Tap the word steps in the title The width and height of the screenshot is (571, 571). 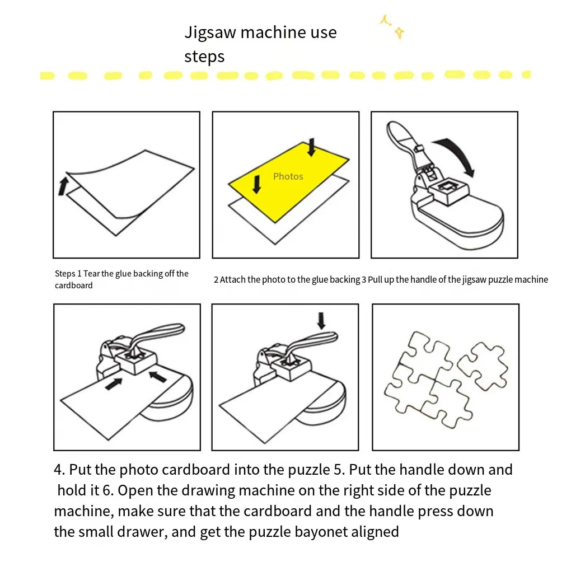204,57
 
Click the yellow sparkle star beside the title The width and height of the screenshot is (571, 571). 399,33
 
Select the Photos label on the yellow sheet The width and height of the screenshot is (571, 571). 288,176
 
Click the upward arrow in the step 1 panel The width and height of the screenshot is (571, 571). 63,186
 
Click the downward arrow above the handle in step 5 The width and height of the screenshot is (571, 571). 321,320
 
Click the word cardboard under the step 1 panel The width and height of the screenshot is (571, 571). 73,285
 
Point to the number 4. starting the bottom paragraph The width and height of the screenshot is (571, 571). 59,470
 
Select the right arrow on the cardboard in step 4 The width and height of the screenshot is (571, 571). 158,377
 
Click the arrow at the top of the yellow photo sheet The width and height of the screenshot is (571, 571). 312,147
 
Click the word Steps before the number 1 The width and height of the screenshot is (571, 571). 65,274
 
